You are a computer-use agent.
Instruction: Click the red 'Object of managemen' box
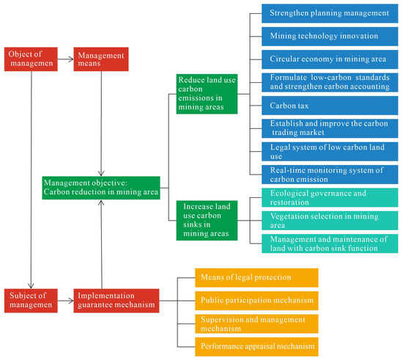(x=30, y=59)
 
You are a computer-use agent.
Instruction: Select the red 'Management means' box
(x=100, y=59)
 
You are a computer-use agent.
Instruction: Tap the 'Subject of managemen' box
(x=30, y=300)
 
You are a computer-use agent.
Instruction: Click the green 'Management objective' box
(x=100, y=188)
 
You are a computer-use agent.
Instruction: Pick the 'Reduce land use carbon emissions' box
(x=210, y=93)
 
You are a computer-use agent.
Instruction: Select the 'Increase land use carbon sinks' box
(x=210, y=218)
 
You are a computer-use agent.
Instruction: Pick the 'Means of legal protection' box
(x=256, y=276)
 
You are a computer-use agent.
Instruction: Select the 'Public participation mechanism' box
(x=256, y=300)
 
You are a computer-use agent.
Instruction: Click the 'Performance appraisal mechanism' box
(x=256, y=345)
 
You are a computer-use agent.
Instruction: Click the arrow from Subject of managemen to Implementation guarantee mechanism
(x=64, y=300)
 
